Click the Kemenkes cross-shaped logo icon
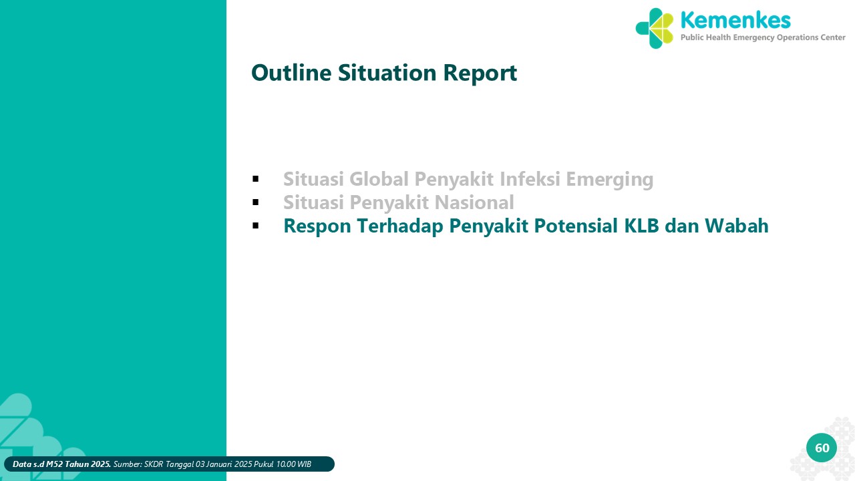[x=654, y=28]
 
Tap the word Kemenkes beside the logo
[x=735, y=20]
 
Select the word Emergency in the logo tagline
[x=754, y=38]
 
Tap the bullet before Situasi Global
[x=255, y=178]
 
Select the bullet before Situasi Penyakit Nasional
[x=255, y=202]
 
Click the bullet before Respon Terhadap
[x=255, y=226]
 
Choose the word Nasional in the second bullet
[x=474, y=202]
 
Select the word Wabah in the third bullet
[x=736, y=226]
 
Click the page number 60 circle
[x=822, y=448]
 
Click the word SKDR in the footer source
[x=154, y=464]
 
